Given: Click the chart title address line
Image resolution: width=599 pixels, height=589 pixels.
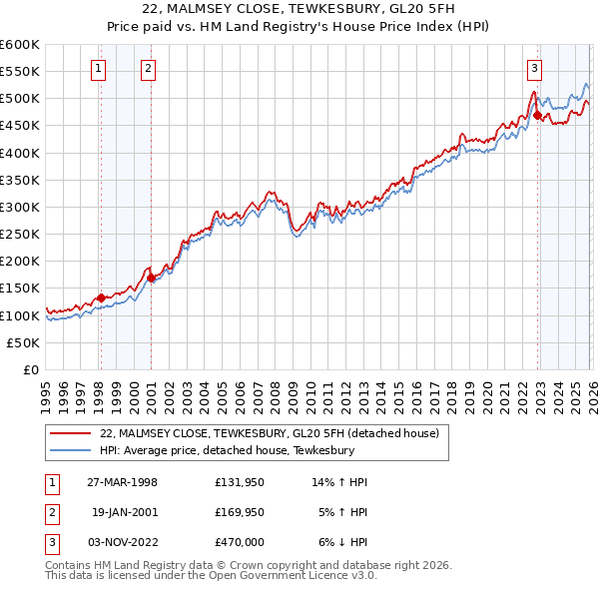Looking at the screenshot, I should [x=299, y=8].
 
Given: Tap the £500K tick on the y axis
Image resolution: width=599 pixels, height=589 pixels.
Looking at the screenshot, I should [x=20, y=99].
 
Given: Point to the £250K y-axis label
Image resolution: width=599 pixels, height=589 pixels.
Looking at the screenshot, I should [x=20, y=234].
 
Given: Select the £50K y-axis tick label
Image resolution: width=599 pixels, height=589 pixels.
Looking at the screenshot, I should [x=24, y=342].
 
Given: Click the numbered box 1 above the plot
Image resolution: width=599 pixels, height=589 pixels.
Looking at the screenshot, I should [x=100, y=69].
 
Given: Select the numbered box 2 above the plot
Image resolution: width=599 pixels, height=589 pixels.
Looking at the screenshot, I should [x=148, y=69].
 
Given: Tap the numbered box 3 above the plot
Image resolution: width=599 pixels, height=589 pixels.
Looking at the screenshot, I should [x=534, y=69].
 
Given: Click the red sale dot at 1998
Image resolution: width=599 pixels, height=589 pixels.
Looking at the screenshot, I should [x=101, y=296].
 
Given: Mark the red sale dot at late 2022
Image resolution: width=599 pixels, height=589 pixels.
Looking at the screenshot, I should [x=537, y=115].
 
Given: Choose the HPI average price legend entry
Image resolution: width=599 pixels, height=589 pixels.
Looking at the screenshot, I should [x=228, y=450].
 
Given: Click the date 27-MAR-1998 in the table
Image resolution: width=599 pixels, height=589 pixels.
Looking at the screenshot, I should [x=122, y=482].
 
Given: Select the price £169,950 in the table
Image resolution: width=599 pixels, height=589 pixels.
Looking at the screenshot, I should [x=240, y=512].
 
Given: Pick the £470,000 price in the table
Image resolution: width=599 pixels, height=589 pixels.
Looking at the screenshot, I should [x=240, y=542].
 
